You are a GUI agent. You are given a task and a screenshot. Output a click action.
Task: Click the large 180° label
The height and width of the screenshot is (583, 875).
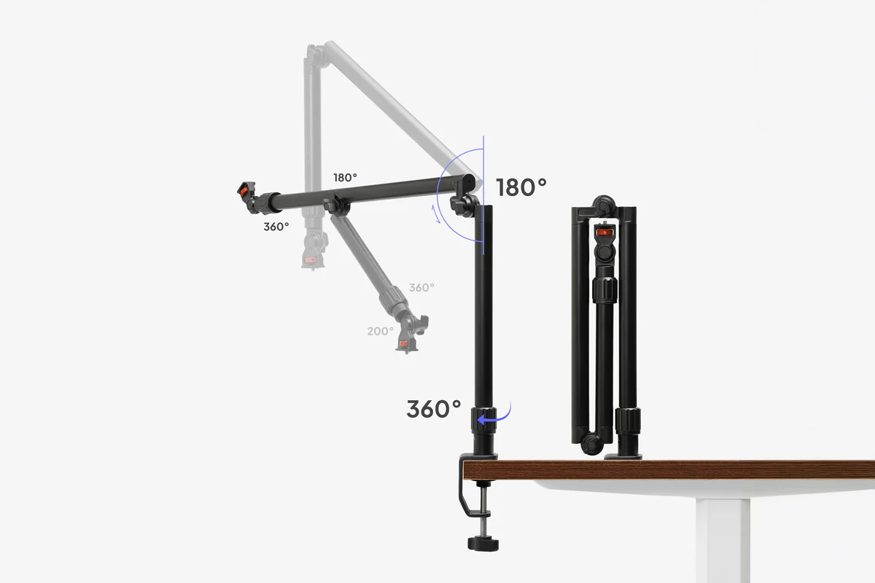coord(521,187)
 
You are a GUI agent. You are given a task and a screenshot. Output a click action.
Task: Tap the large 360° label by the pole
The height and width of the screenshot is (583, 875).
coord(434,409)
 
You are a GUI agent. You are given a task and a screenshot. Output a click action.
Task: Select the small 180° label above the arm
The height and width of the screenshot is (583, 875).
coord(345,178)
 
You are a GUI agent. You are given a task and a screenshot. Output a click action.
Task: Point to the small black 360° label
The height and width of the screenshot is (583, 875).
coord(276,227)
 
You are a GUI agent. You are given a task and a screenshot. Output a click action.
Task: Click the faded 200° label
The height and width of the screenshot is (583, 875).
coord(380,331)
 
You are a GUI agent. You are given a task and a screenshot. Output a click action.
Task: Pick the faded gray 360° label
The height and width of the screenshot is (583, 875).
coord(421,288)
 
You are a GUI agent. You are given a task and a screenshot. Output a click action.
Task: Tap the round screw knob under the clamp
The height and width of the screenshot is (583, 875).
coord(483,544)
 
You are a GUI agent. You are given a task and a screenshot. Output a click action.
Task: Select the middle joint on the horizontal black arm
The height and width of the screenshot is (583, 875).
coord(336,204)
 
